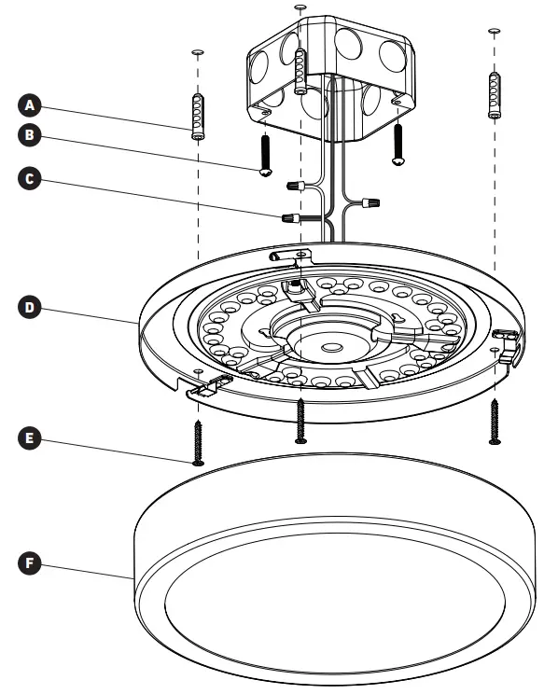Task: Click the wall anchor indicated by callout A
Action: pos(198,117)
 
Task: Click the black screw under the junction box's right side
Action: pos(398,144)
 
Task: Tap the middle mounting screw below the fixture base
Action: pos(300,420)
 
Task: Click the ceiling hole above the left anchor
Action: pos(198,53)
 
